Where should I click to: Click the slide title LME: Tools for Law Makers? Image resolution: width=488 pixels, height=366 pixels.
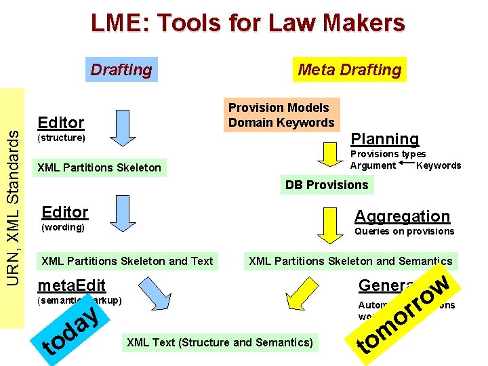(248, 24)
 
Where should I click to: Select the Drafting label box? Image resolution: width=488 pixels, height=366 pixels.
(121, 69)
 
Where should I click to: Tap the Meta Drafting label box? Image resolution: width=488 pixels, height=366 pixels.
(350, 69)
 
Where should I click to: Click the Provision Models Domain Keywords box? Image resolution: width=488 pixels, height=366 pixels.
(281, 115)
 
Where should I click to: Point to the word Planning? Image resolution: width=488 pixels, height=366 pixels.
(384, 139)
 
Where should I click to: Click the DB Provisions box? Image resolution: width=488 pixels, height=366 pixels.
(327, 184)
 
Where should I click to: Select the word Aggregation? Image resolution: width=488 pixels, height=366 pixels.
(402, 216)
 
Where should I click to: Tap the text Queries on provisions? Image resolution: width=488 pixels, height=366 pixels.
(404, 231)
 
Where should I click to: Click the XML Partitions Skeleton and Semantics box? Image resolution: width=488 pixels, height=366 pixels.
(350, 261)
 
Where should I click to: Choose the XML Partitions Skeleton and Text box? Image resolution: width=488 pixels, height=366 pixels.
(127, 261)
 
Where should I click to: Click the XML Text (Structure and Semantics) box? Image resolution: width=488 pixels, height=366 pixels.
(220, 342)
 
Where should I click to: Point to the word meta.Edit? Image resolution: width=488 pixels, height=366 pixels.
(72, 285)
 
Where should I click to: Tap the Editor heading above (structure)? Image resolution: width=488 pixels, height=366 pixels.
(61, 122)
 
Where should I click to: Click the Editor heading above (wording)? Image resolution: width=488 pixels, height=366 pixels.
(65, 211)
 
